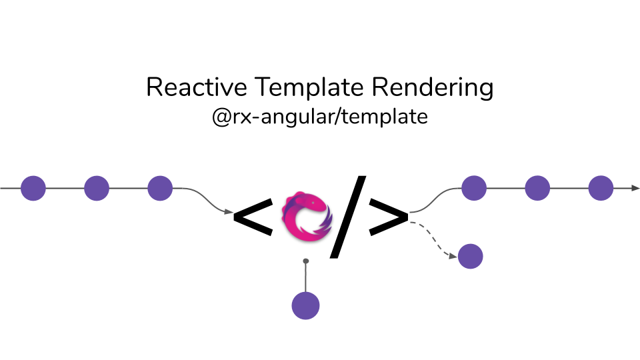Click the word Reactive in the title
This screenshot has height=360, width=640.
click(188, 87)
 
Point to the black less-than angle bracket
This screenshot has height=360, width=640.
click(253, 217)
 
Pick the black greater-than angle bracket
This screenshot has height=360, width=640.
click(387, 217)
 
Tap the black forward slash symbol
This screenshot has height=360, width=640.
click(349, 217)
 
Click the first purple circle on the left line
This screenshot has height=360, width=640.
click(33, 188)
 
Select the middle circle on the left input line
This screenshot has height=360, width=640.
click(97, 188)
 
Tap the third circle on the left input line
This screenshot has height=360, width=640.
click(160, 188)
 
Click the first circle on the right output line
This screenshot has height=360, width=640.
click(474, 188)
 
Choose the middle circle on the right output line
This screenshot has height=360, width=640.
click(537, 188)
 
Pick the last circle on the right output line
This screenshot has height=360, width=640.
click(601, 188)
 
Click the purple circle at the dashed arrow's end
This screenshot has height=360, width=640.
click(470, 256)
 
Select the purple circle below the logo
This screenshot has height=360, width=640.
click(306, 306)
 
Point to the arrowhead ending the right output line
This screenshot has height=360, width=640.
click(635, 188)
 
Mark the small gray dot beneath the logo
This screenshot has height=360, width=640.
click(306, 261)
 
